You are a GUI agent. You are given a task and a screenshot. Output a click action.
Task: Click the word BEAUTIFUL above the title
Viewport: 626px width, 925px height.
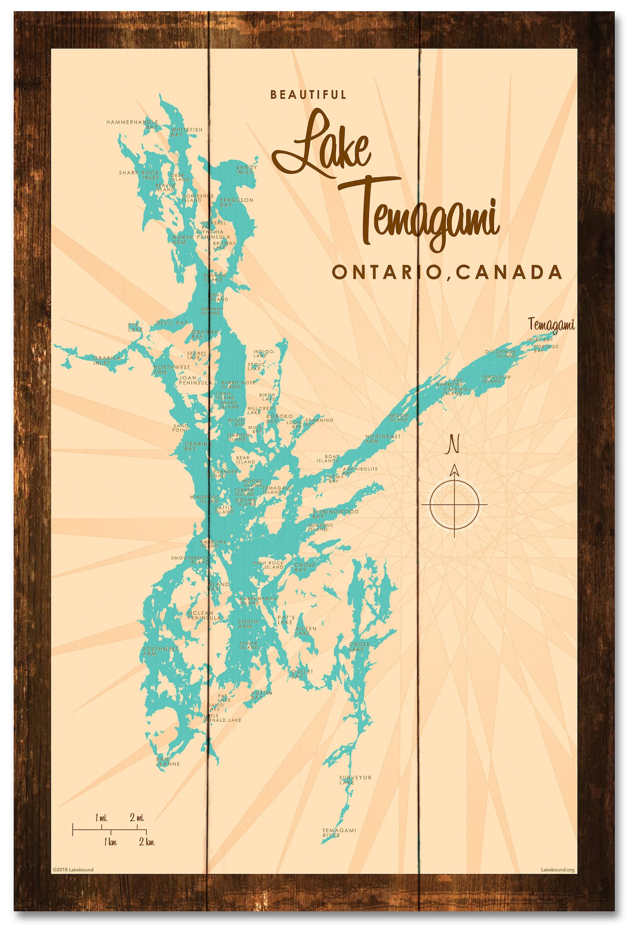click(x=308, y=95)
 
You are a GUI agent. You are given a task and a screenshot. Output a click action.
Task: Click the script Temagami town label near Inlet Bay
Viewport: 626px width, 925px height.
click(x=551, y=325)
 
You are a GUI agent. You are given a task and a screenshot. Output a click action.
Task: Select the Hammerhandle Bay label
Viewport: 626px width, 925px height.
click(x=132, y=124)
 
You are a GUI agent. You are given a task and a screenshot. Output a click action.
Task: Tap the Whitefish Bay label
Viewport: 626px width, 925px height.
click(x=187, y=132)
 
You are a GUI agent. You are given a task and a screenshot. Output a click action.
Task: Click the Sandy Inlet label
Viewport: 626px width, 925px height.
click(x=246, y=169)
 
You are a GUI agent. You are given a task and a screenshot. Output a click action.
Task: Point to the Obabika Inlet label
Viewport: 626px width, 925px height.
click(x=107, y=360)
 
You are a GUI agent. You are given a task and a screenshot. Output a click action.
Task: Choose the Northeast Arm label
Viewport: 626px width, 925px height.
click(x=383, y=439)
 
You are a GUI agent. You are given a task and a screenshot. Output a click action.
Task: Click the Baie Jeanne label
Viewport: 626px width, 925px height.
click(x=168, y=761)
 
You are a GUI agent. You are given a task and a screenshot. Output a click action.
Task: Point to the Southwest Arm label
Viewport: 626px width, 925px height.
click(x=160, y=651)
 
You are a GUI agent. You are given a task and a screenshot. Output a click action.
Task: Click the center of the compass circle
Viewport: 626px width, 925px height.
click(x=454, y=504)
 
